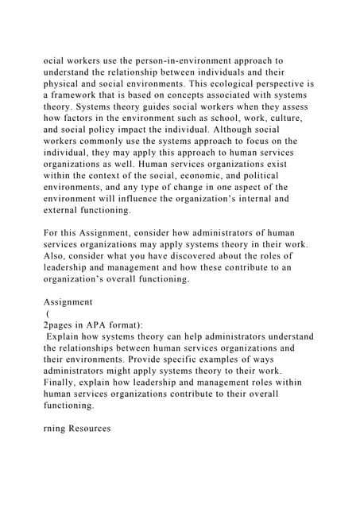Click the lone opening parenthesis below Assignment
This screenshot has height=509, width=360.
pyautogui.click(x=50, y=313)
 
